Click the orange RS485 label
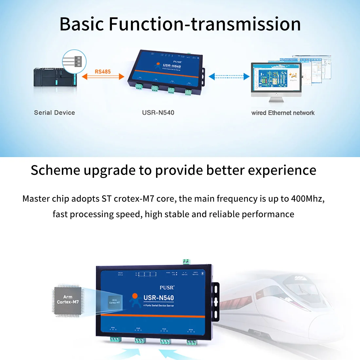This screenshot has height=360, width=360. click(103, 71)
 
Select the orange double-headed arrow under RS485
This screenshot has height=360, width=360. click(103, 77)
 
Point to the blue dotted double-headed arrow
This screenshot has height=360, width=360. click(229, 77)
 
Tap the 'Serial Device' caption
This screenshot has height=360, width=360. click(54, 113)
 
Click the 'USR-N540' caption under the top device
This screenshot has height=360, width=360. click(158, 113)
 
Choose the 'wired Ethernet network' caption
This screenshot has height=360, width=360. click(283, 113)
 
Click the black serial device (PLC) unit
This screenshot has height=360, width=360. click(55, 78)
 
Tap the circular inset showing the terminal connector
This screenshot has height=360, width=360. click(74, 61)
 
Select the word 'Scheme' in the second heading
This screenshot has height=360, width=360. click(55, 171)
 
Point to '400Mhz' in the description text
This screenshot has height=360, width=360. click(308, 199)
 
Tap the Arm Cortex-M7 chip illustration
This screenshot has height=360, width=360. click(68, 300)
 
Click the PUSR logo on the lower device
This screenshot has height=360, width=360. click(167, 287)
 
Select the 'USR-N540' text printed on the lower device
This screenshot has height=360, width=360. click(159, 298)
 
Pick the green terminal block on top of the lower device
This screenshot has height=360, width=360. click(187, 261)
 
